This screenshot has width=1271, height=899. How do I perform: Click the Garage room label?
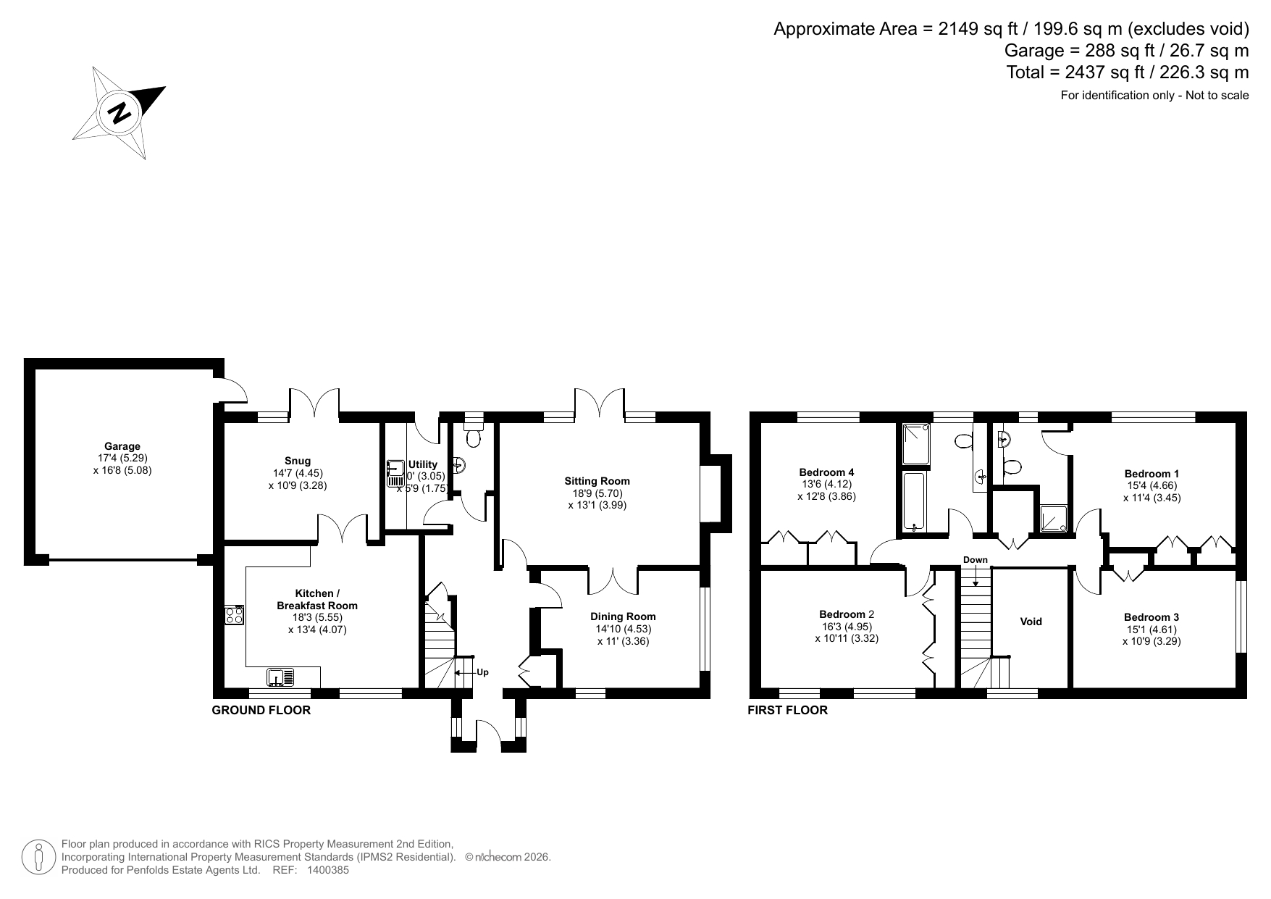tap(122, 446)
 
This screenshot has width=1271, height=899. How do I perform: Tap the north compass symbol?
tap(119, 113)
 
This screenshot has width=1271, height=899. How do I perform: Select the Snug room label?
tap(298, 461)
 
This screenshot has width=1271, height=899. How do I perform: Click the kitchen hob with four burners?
tap(235, 615)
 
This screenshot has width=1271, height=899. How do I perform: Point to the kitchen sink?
tap(281, 677)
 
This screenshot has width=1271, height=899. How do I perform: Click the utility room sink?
tap(395, 473)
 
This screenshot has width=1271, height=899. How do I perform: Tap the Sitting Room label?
tap(597, 481)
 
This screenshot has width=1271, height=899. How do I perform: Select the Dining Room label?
tap(623, 616)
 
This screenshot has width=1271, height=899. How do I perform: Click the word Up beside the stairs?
tap(482, 672)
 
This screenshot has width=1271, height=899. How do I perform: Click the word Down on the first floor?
tap(976, 560)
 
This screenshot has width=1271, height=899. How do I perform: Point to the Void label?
tap(1031, 622)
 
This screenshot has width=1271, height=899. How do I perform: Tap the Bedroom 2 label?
tap(847, 614)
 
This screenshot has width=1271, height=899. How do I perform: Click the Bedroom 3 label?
tap(1152, 617)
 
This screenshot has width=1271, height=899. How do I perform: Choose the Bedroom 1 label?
tap(1152, 474)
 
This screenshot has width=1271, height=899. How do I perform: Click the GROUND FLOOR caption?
tap(261, 710)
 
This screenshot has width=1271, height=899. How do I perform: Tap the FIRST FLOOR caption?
tap(787, 710)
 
